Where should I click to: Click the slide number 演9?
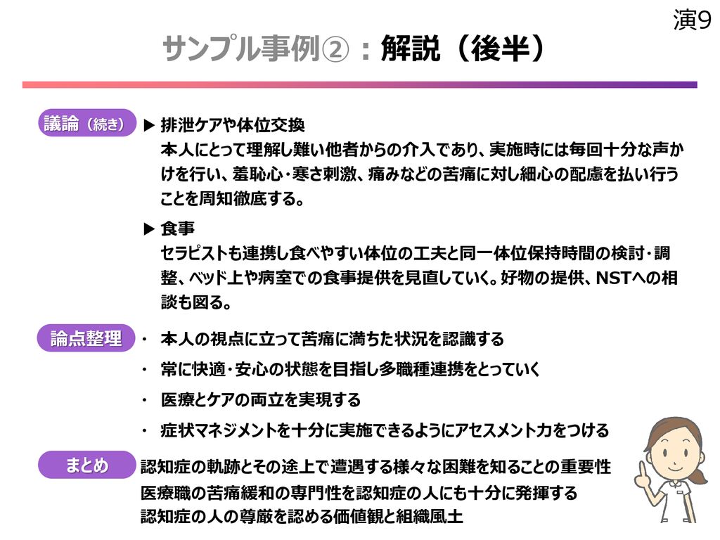[x=693, y=20]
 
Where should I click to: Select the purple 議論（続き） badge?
[x=87, y=123]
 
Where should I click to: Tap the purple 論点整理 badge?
[x=86, y=338]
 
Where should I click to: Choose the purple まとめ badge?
[x=87, y=465]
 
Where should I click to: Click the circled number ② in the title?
[x=335, y=49]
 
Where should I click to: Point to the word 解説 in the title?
[x=410, y=49]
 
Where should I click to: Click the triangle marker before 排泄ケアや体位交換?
[x=149, y=125]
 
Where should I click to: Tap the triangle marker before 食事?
[x=149, y=229]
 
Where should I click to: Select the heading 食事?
[x=178, y=229]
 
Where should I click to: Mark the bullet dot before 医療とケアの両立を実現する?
[x=145, y=400]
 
